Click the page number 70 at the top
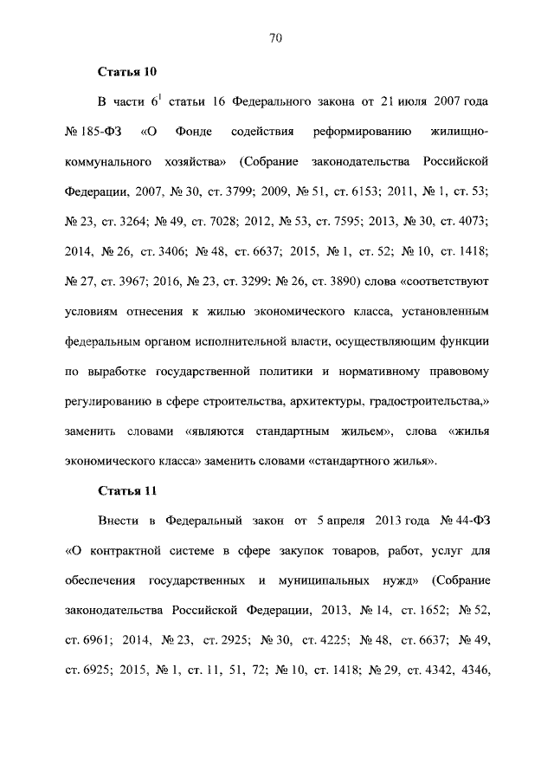[277, 37]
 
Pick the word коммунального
[106, 161]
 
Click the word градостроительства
[428, 401]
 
